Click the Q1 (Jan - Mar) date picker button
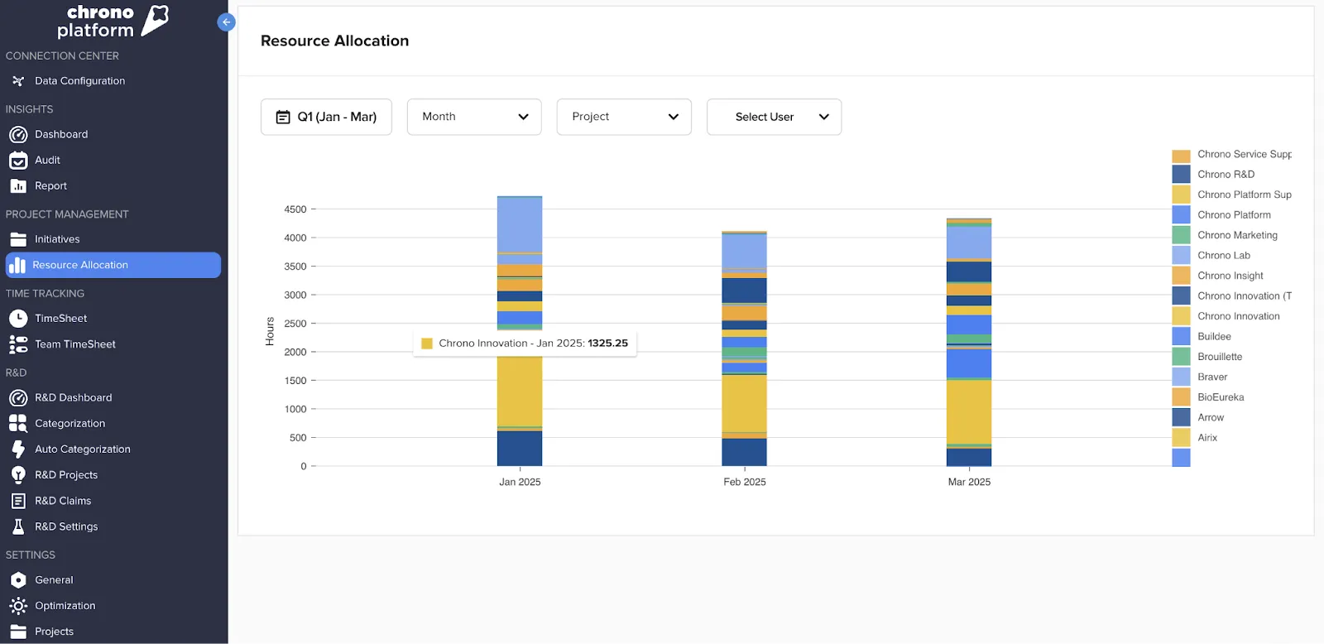point(326,117)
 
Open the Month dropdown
point(474,117)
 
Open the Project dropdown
point(624,117)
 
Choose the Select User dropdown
point(774,117)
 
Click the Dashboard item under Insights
point(60,134)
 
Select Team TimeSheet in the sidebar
point(74,344)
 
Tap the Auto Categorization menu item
point(82,449)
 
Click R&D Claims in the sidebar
point(62,501)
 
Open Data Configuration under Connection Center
point(79,81)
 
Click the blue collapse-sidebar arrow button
point(226,22)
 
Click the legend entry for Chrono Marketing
point(1236,235)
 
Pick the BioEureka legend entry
point(1220,397)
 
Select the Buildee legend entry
point(1213,336)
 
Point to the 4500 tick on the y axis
point(295,209)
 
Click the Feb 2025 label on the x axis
point(744,482)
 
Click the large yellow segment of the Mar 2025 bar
point(969,411)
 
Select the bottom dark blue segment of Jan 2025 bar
point(520,449)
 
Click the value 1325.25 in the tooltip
point(607,344)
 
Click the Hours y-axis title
point(270,331)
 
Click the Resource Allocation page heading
point(334,41)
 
